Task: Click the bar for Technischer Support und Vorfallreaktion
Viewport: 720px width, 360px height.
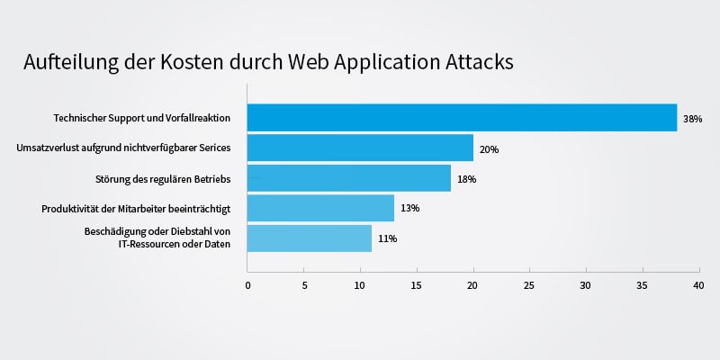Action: point(462,118)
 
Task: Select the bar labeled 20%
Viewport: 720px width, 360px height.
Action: point(360,148)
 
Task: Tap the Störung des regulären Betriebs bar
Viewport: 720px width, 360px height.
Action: point(349,178)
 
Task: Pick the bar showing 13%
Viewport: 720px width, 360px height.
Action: point(320,208)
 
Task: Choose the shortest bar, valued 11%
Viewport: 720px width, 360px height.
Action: point(310,238)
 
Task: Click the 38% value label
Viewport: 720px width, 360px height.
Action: point(692,119)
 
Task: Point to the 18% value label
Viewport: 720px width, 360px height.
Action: point(466,179)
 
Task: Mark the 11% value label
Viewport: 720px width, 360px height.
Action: point(387,238)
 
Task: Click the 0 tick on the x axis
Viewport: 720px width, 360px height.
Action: point(247,286)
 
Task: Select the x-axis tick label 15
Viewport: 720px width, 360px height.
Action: point(417,286)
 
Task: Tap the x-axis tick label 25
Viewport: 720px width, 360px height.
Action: point(529,286)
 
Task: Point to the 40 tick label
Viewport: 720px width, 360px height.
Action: point(698,286)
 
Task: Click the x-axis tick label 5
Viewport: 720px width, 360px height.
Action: point(304,286)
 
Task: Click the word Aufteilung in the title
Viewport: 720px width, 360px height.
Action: point(68,63)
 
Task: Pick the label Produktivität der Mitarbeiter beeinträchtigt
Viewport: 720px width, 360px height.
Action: point(136,209)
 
